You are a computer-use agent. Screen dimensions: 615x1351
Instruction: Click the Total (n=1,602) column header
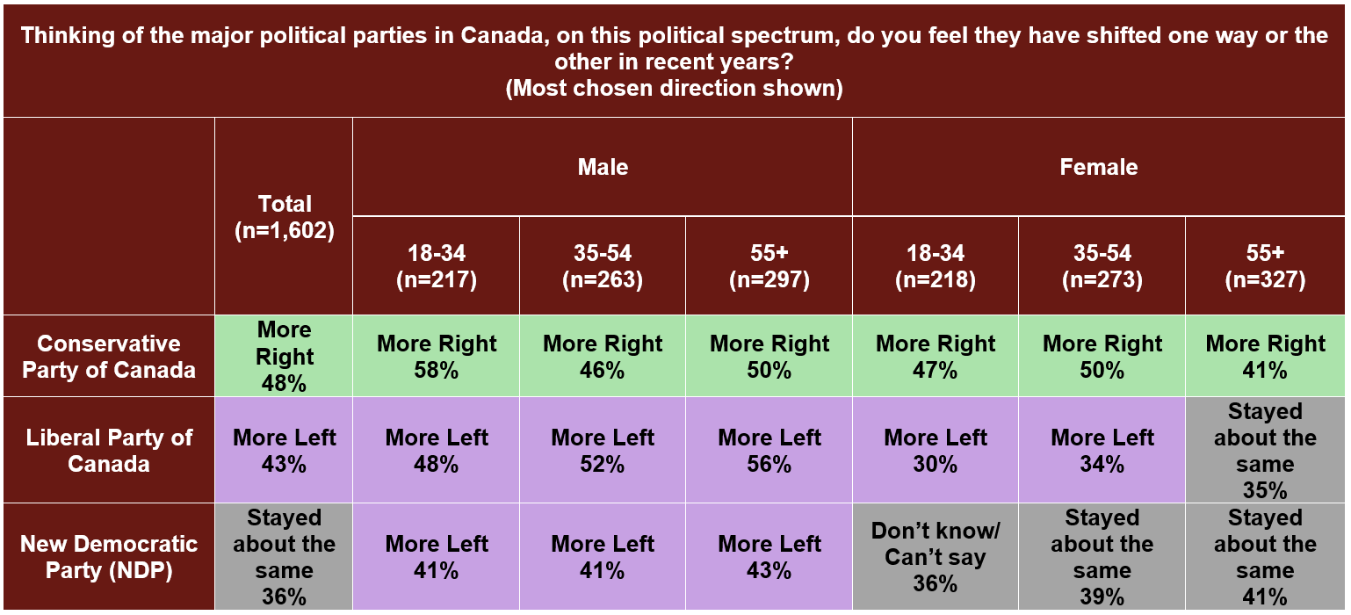pos(285,217)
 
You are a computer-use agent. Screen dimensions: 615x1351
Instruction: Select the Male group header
pos(603,167)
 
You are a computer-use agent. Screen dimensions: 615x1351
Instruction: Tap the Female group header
pos(1098,167)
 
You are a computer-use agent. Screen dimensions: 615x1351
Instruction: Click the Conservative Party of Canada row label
pos(109,356)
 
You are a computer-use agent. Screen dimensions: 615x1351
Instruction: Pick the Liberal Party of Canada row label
pos(109,450)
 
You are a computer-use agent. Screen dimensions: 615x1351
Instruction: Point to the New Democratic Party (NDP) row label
pos(109,557)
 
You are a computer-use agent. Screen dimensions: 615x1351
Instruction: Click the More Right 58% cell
pos(437,356)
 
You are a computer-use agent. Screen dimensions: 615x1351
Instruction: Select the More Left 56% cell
pos(769,450)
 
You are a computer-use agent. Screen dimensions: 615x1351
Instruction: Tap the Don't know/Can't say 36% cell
pos(936,557)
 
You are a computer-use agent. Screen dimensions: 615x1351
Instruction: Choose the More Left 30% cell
pos(936,450)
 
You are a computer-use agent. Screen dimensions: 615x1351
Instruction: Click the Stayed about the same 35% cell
pos(1265,450)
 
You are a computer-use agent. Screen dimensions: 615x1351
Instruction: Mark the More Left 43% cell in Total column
pos(285,450)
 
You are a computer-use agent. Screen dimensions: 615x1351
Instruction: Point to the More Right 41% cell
pos(1265,356)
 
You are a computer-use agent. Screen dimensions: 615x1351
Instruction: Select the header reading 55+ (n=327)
pos(1265,266)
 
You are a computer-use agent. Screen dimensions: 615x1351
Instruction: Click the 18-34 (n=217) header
pos(437,266)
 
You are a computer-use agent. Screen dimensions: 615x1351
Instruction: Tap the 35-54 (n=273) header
pos(1102,266)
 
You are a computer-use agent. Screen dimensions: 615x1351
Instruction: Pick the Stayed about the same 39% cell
pos(1102,557)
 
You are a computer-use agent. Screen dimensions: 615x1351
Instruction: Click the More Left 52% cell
pos(603,450)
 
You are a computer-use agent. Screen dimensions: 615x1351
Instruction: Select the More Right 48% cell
pos(285,356)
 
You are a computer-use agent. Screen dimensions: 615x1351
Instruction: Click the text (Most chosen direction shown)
pos(674,89)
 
